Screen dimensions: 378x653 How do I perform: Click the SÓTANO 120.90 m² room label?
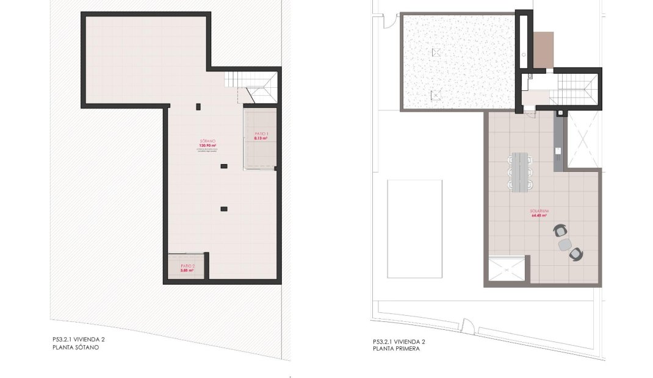coord(207,144)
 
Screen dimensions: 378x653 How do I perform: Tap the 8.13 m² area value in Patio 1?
coord(261,138)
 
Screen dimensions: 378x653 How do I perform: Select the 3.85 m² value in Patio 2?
coord(187,270)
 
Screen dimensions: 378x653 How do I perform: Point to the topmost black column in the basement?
coord(198,107)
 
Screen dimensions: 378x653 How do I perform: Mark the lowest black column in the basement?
coord(224,209)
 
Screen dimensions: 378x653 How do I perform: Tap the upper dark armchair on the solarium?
coord(561,230)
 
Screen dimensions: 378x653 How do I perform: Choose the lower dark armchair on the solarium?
coord(575,254)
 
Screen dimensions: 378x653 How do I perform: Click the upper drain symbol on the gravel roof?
coord(436,52)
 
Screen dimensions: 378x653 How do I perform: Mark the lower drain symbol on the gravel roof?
coord(436,94)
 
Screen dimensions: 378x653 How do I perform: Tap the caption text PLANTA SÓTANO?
coord(76,348)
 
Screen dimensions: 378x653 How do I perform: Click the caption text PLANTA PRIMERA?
coord(396,349)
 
